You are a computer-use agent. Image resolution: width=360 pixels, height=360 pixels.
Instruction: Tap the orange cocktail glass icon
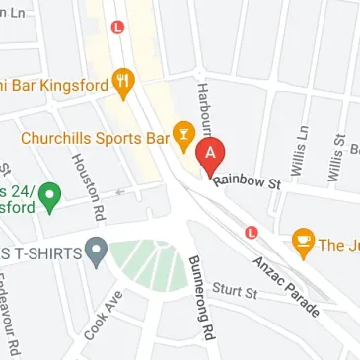[x=182, y=131]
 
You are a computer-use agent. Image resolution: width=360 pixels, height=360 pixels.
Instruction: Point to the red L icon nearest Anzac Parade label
[x=252, y=233]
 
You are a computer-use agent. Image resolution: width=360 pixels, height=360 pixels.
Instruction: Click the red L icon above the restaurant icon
[x=118, y=28]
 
